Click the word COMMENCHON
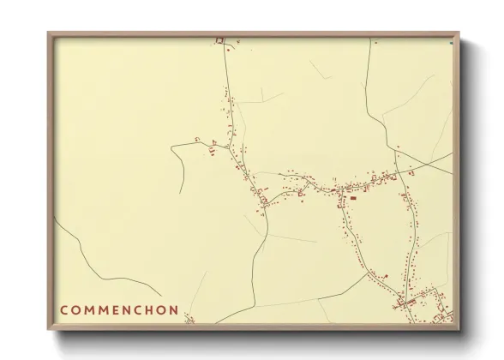click(119, 309)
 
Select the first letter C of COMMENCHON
click(64, 309)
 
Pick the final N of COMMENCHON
click(174, 309)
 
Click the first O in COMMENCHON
click(77, 309)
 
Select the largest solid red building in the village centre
click(352, 198)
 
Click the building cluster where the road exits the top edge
click(219, 40)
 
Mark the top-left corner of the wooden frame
click(48, 33)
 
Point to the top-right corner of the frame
click(459, 33)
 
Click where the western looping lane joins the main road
click(228, 147)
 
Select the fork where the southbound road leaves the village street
click(340, 192)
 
